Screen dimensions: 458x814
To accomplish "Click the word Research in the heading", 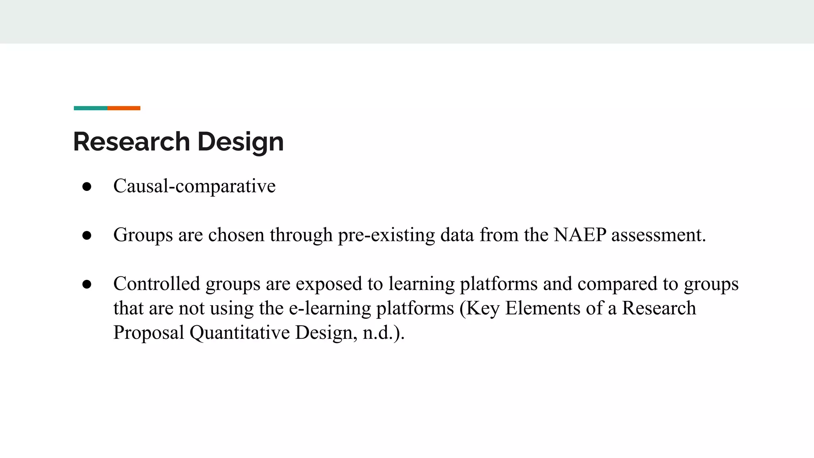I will [132, 142].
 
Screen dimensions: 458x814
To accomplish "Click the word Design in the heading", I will [240, 142].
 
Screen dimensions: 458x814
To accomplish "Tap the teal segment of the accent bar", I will [91, 108].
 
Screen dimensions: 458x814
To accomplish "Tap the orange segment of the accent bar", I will [124, 108].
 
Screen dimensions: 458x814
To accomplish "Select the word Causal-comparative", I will [194, 186].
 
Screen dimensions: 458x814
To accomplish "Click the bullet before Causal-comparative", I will [87, 186].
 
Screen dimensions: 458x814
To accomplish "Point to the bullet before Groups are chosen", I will [87, 235].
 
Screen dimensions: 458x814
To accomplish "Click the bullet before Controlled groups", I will [87, 284].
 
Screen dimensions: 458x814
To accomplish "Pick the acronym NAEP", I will [579, 235].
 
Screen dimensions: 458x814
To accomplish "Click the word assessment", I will [658, 235].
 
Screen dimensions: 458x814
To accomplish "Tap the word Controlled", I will [157, 284].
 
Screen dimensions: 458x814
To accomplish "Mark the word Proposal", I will [149, 333].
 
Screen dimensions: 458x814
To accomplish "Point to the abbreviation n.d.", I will [378, 333].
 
